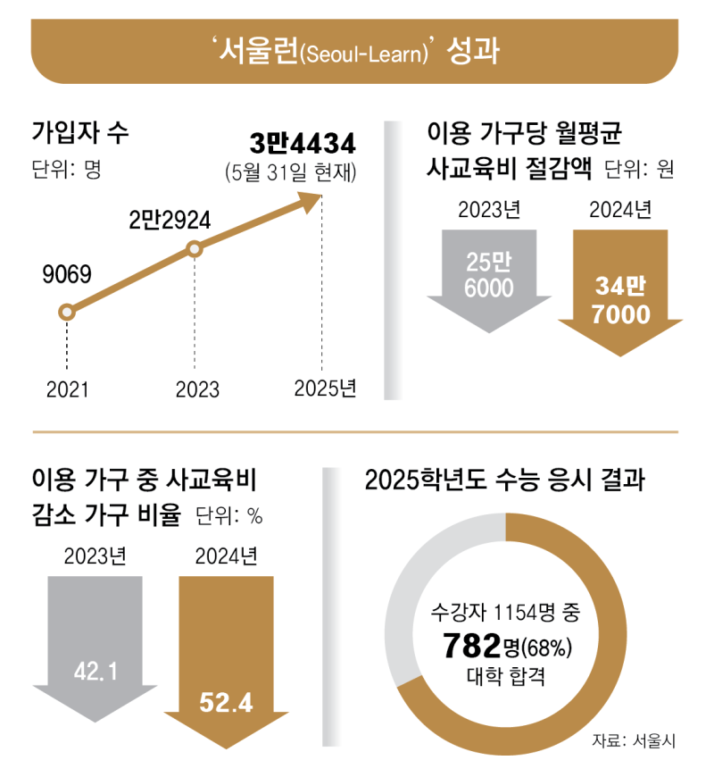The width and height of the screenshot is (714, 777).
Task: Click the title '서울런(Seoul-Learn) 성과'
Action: (356, 50)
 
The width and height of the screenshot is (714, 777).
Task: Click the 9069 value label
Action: (67, 274)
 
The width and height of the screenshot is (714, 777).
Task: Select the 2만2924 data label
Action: (169, 221)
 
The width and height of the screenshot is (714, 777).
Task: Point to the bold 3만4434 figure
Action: (303, 143)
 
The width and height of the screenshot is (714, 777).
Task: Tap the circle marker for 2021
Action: (65, 313)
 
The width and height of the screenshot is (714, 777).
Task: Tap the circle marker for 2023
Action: (195, 251)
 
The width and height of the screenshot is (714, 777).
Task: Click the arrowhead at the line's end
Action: (310, 201)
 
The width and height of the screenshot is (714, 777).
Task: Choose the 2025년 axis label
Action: (325, 389)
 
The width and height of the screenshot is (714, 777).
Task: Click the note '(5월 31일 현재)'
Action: (291, 172)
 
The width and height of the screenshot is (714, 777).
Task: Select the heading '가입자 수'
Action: (80, 131)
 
